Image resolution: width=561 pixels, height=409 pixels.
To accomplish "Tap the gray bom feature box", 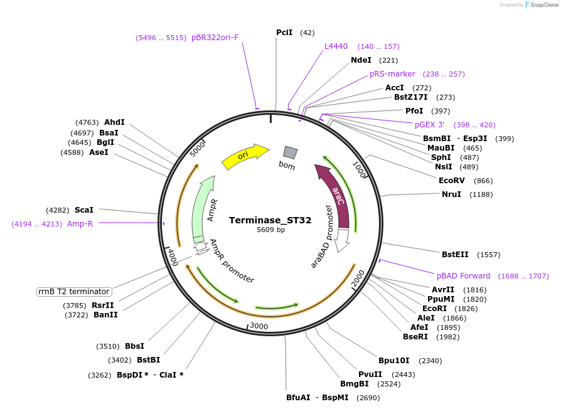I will pos(290,152).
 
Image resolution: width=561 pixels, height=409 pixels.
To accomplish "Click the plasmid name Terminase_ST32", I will pos(270,220).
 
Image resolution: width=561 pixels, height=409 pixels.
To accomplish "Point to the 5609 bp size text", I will pos(270,230).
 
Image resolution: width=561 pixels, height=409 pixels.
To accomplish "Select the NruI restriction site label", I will pos(451,194).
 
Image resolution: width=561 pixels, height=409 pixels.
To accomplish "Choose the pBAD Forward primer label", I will pos(464,276).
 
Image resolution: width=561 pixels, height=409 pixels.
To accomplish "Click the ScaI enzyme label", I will pos(83,210).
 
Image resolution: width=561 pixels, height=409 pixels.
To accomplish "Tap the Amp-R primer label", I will pos(80,224).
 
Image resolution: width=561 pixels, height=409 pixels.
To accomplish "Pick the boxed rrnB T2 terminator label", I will pos(75,292).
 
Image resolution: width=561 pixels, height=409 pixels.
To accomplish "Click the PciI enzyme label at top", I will pos(284,32).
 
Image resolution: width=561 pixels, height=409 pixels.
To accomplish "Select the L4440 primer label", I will pos(336,46).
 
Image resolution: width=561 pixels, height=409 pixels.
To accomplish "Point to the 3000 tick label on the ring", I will pos(259,326).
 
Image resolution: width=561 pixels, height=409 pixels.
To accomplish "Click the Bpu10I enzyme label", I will pos(393,361).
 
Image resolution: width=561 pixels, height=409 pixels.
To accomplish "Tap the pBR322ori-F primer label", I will pos(215,38).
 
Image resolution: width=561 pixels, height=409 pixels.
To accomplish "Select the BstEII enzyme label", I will pos(455,255).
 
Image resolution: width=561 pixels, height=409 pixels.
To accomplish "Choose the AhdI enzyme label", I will pos(114,122).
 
